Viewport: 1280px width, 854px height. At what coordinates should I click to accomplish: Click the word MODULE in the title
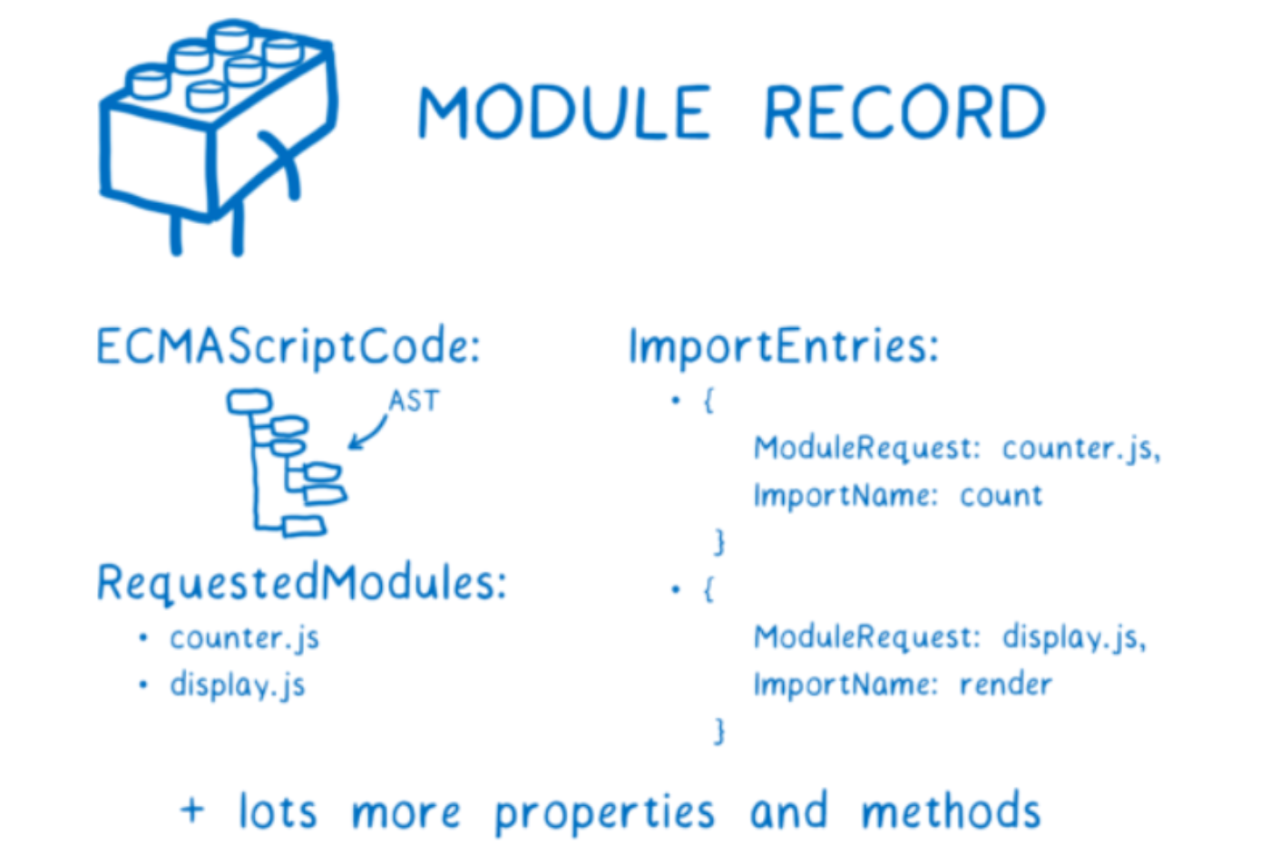[x=563, y=112]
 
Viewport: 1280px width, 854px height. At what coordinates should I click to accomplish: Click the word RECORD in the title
[x=904, y=112]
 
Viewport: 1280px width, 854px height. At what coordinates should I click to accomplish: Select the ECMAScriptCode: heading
[x=288, y=347]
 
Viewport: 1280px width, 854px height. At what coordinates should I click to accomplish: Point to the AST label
[x=414, y=401]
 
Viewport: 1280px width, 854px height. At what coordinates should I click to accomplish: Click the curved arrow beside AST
[x=368, y=432]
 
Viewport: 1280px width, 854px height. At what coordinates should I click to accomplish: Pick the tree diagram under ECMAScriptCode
[x=286, y=462]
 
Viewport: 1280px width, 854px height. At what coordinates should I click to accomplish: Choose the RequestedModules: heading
[x=301, y=583]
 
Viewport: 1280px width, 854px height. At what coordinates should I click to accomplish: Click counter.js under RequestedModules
[x=244, y=638]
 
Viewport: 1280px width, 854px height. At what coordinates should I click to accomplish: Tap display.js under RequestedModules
[x=237, y=685]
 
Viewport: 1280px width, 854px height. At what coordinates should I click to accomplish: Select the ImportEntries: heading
[x=784, y=347]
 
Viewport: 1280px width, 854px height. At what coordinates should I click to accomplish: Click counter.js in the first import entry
[x=1080, y=448]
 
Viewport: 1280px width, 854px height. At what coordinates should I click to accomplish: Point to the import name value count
[x=1002, y=496]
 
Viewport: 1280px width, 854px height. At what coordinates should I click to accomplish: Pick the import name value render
[x=1006, y=684]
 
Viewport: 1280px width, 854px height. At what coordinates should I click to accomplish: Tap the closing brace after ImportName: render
[x=719, y=731]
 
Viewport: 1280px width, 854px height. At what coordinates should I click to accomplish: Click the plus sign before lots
[x=192, y=809]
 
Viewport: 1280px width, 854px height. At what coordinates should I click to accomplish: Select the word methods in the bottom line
[x=950, y=811]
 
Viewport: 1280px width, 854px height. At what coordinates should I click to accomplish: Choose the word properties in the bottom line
[x=604, y=813]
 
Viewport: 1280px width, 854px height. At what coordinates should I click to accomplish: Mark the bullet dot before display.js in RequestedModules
[x=143, y=684]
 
